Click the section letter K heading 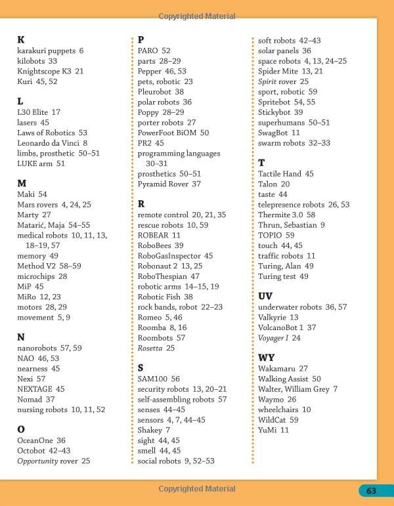(x=20, y=39)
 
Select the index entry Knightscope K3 (x=50, y=71)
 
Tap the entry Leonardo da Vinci (x=52, y=143)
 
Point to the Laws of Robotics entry (x=52, y=133)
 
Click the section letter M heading (x=22, y=183)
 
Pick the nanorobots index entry (x=49, y=348)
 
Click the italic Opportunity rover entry (x=53, y=461)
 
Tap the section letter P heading (x=141, y=39)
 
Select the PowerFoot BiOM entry (x=173, y=133)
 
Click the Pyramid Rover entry (x=169, y=184)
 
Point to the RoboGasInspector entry (x=175, y=256)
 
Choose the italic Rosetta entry (x=156, y=348)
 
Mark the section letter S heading (x=141, y=368)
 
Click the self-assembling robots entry (x=182, y=400)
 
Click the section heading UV (x=265, y=296)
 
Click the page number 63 (x=371, y=490)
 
